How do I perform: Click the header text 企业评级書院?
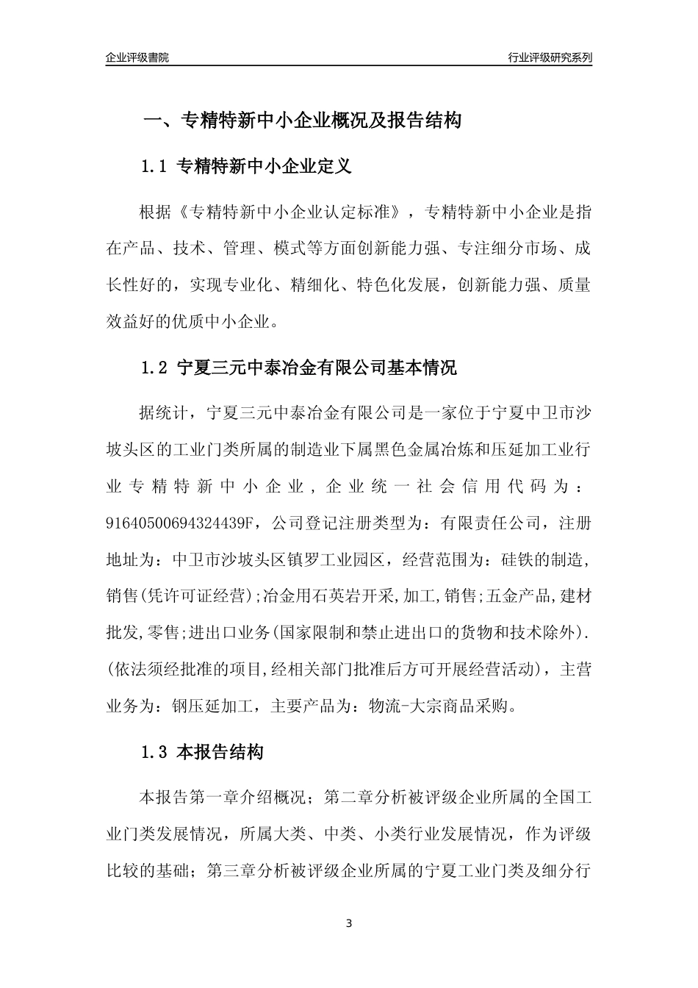click(x=137, y=57)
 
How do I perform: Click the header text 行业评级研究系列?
click(x=550, y=57)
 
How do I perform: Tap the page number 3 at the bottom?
click(x=349, y=923)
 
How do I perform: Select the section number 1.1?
click(x=155, y=167)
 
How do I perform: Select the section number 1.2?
click(x=155, y=368)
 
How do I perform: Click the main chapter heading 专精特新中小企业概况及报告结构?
click(x=321, y=121)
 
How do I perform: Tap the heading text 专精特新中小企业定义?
click(x=265, y=167)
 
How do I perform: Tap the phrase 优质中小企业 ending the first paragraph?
click(x=228, y=321)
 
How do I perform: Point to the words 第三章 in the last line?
click(x=232, y=871)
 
